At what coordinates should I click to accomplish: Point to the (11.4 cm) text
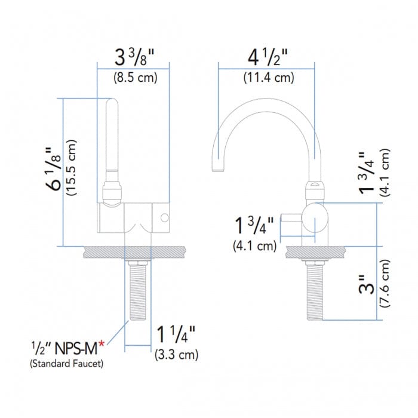click(x=267, y=78)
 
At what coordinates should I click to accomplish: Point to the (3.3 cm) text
click(x=176, y=354)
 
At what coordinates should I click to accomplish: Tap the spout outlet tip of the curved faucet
click(x=219, y=171)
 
